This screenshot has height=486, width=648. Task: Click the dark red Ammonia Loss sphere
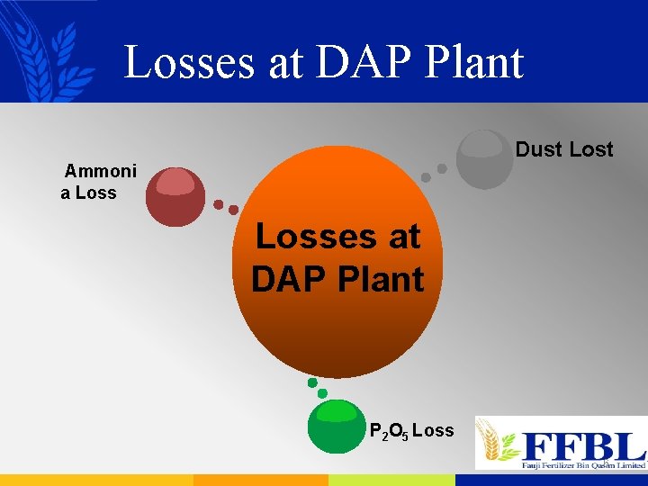[x=175, y=196]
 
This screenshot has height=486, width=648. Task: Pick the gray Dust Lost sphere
[x=484, y=159]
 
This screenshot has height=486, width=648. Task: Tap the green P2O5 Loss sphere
[x=337, y=426]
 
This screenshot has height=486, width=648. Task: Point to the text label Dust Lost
[x=564, y=149]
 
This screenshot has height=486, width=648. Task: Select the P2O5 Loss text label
[x=412, y=431]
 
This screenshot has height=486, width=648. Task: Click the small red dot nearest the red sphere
[x=218, y=204]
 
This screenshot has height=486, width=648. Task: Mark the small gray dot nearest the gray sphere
[x=442, y=168]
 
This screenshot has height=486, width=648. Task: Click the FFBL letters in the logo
[x=583, y=445]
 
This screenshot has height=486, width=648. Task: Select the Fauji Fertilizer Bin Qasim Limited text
[x=583, y=465]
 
